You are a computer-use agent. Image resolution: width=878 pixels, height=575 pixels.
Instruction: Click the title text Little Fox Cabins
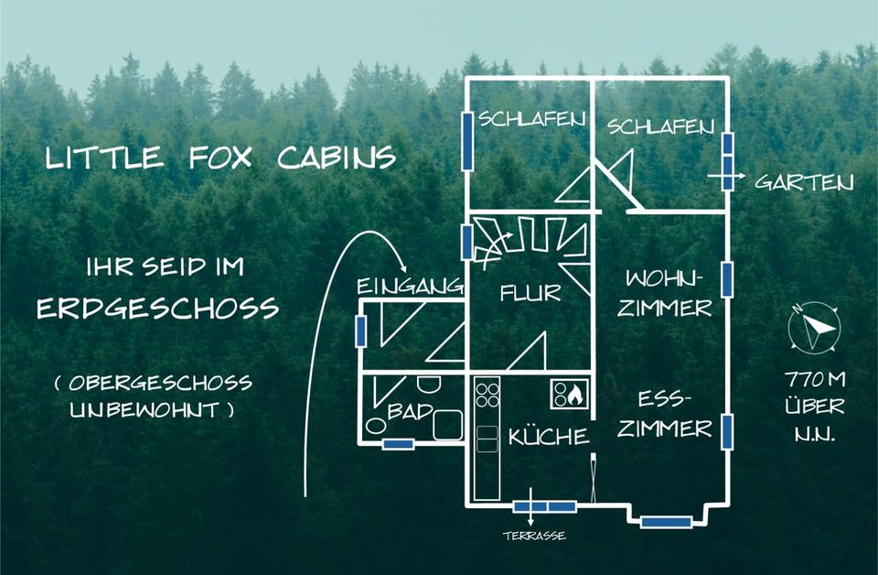220,157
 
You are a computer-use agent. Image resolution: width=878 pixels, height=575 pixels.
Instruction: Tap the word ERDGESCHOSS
157,308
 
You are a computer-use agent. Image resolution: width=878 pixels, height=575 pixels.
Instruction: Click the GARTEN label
804,182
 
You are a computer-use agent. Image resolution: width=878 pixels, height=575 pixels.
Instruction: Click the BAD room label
410,411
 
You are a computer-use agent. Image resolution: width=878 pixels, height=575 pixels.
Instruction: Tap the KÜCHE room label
549,437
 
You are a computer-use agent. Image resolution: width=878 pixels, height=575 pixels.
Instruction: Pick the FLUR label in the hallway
530,294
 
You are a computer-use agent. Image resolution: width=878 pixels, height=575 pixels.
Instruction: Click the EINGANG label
408,287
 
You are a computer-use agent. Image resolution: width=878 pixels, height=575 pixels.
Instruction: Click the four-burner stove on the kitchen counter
487,396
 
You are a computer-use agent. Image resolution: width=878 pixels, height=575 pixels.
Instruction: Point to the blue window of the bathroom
399,444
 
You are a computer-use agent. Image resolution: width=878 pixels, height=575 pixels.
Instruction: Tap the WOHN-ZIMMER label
663,292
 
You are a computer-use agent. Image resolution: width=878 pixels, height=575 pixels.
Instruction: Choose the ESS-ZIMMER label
664,414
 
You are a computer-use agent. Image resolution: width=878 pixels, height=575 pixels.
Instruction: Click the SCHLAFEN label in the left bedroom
519,118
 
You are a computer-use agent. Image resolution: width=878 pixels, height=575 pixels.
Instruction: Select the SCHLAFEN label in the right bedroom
661,127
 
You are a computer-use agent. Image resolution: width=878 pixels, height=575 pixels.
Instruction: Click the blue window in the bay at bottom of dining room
665,522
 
